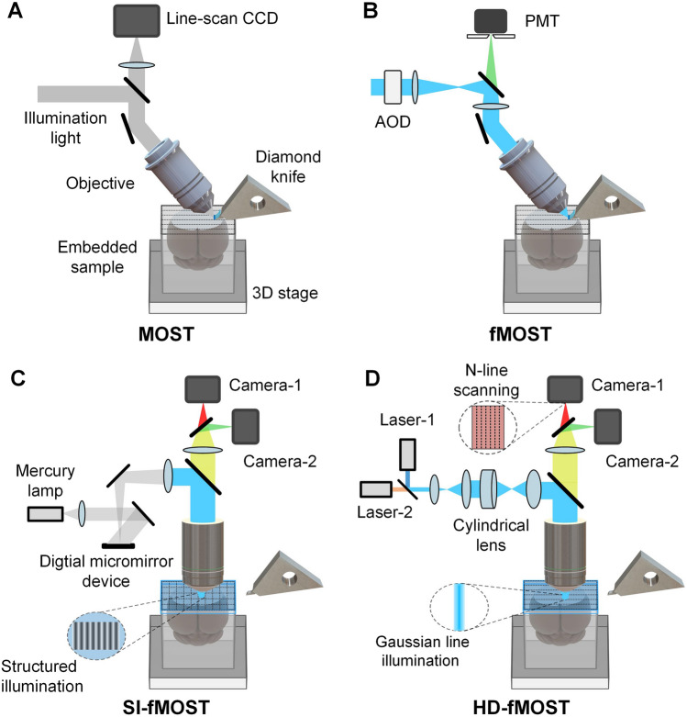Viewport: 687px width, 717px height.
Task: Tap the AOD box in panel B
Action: (396, 87)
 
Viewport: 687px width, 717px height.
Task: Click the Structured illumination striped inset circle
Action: (97, 637)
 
